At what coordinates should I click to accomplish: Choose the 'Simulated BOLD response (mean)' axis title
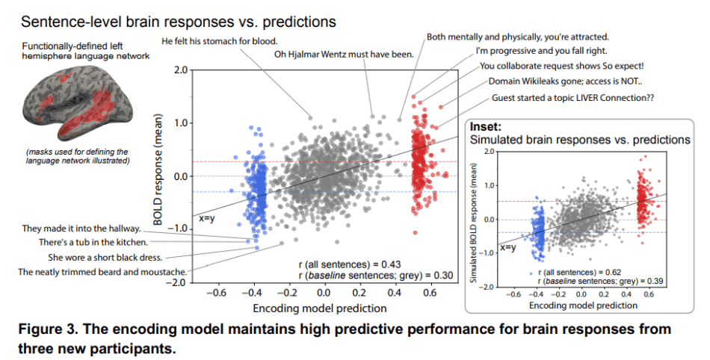475,220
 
